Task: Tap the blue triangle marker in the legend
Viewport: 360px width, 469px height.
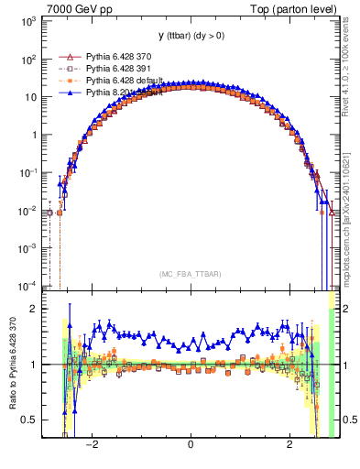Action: [x=67, y=93]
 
